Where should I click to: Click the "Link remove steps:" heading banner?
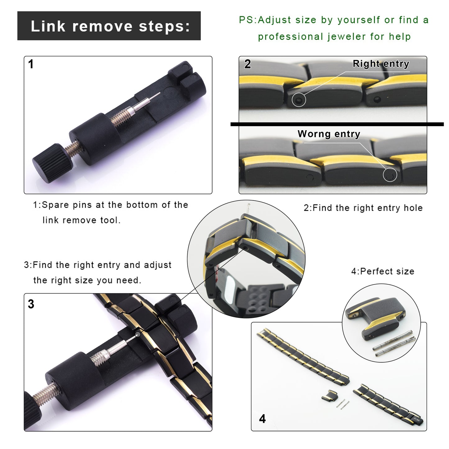pos(109,26)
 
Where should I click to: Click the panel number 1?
pos(31,64)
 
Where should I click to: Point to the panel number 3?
pos(31,304)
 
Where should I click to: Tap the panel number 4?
pos(262,419)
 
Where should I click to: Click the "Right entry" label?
pos(381,64)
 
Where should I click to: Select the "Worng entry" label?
pos(329,134)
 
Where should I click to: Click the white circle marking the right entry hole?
pos(299,100)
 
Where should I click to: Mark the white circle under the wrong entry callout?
pos(390,174)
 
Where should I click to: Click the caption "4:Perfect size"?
pos(383,272)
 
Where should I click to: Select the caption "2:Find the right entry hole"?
pos(363,208)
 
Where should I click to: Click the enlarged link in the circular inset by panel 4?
pos(375,318)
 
